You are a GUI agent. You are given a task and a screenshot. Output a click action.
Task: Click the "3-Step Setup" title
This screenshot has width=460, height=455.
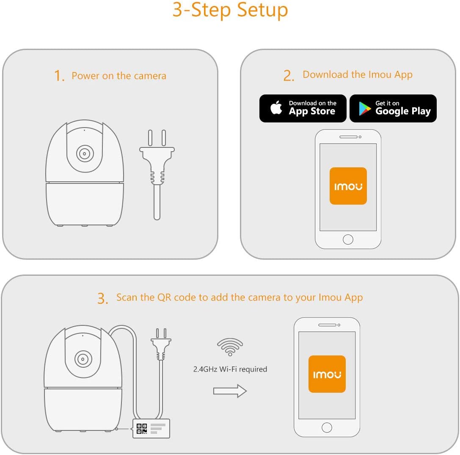[x=230, y=10]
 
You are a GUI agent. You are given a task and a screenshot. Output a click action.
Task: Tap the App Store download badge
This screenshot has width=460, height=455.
[x=303, y=108]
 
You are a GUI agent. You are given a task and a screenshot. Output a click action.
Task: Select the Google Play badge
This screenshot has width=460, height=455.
[x=393, y=108]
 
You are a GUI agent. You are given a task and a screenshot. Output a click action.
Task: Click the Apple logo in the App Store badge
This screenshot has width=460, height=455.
[x=276, y=107]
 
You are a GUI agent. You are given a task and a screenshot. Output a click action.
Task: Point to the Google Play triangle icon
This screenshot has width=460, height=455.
[x=365, y=109]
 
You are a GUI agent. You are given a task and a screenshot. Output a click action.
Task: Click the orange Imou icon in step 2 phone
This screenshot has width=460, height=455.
[x=348, y=186]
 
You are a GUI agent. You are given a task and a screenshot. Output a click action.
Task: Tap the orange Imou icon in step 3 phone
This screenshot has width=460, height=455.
[x=327, y=374]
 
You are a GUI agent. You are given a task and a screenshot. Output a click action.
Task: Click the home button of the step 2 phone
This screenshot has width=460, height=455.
[x=348, y=239]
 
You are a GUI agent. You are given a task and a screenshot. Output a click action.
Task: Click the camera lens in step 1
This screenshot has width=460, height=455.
[x=85, y=153]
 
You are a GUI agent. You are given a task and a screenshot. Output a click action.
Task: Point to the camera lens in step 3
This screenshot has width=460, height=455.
[x=83, y=359]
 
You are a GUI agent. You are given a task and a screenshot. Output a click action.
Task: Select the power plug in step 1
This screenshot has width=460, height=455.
[x=157, y=175]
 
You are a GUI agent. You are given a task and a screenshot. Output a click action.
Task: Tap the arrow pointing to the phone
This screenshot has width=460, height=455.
[x=230, y=391]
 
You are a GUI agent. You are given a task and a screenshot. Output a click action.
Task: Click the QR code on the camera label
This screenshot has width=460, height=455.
[x=142, y=429]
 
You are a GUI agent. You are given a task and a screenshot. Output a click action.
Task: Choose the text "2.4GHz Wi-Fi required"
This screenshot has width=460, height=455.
[x=230, y=369]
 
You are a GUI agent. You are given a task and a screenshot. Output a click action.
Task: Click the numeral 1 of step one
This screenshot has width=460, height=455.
[x=58, y=75]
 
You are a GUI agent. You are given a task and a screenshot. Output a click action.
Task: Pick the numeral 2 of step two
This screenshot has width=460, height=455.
[x=288, y=75]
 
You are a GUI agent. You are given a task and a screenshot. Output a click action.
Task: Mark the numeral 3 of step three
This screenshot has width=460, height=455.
[x=102, y=298]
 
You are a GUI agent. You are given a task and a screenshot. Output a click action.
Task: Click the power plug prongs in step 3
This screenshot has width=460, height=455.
[x=161, y=333]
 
